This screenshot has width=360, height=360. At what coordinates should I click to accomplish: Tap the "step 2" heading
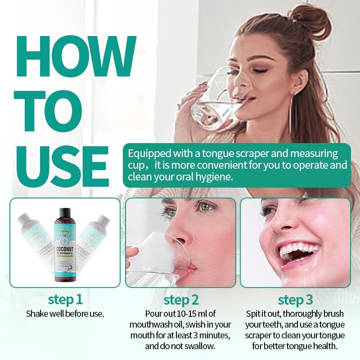180,300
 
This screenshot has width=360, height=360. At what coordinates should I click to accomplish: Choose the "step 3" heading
295,300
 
